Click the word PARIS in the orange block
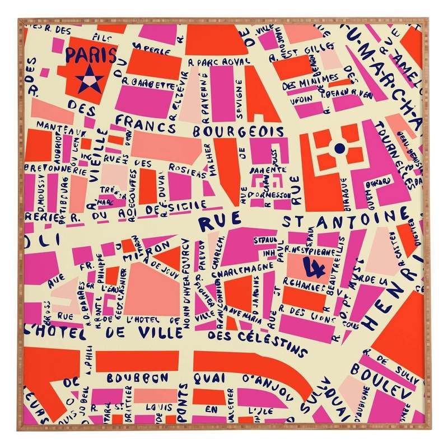91,55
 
